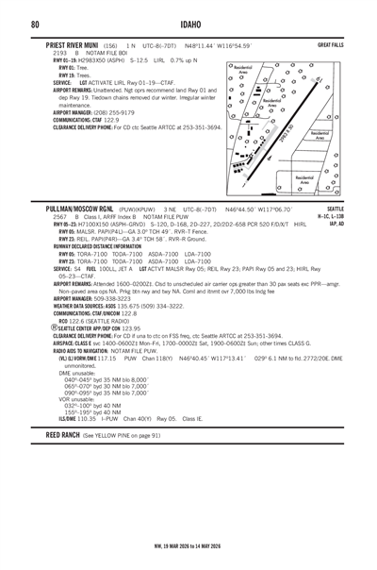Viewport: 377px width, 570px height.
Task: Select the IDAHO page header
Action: (188, 23)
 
